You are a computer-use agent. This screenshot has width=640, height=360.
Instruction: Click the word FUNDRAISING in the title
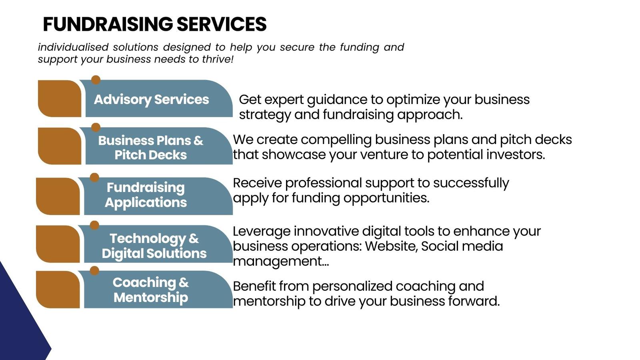tap(108, 24)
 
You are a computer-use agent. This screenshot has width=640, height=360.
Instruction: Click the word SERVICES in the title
tap(222, 24)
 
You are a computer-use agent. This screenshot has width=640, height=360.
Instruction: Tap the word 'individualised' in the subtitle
tap(73, 47)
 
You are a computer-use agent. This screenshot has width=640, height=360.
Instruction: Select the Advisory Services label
tap(152, 100)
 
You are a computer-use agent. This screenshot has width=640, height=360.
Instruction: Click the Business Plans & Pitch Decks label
tap(150, 148)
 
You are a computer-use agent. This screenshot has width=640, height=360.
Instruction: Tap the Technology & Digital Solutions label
tap(154, 246)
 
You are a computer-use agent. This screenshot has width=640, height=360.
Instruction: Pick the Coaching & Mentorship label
tap(150, 290)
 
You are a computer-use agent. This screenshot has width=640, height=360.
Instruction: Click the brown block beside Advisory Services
tap(60, 98)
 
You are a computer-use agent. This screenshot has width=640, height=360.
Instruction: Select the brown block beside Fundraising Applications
tap(58, 196)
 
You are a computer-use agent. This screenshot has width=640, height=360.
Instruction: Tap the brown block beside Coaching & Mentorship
tap(58, 290)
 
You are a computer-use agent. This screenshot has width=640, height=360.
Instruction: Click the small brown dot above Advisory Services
tap(96, 80)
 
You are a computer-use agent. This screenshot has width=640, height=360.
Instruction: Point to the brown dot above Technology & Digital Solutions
tap(94, 226)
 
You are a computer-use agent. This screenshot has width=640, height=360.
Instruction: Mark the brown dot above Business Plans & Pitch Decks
tap(96, 128)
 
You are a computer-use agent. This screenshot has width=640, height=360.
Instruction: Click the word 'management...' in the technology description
tap(281, 262)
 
